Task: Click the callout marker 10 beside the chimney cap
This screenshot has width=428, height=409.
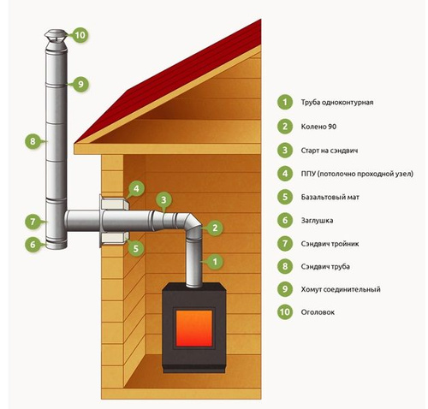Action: (80, 35)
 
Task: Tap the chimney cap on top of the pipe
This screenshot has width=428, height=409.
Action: (56, 36)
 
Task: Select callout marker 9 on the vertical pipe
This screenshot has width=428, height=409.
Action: (80, 84)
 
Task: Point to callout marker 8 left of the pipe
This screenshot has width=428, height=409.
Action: (33, 141)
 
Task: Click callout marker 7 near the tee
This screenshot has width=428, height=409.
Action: (33, 222)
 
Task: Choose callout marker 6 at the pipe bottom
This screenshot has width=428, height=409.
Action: (33, 245)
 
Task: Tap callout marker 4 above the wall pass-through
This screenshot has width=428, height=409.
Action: (136, 188)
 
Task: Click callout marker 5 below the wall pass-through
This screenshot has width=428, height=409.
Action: (136, 248)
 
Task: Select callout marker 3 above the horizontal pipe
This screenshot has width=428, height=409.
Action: (163, 200)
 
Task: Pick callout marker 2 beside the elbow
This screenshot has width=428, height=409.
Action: (215, 228)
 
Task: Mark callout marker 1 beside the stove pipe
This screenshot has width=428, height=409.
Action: (215, 261)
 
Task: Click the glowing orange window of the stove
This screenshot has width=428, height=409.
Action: (194, 328)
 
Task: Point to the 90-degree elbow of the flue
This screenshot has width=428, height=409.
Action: (192, 224)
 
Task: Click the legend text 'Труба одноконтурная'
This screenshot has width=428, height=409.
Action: (337, 102)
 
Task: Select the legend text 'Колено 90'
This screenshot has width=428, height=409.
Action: (318, 127)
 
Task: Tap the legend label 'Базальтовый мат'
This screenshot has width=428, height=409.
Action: (330, 197)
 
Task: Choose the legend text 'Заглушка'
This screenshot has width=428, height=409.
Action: (317, 221)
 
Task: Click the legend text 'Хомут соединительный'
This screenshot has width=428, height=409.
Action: (341, 289)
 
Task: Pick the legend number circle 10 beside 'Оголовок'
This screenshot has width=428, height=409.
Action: (285, 311)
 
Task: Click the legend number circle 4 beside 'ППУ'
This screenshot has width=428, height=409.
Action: (285, 173)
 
